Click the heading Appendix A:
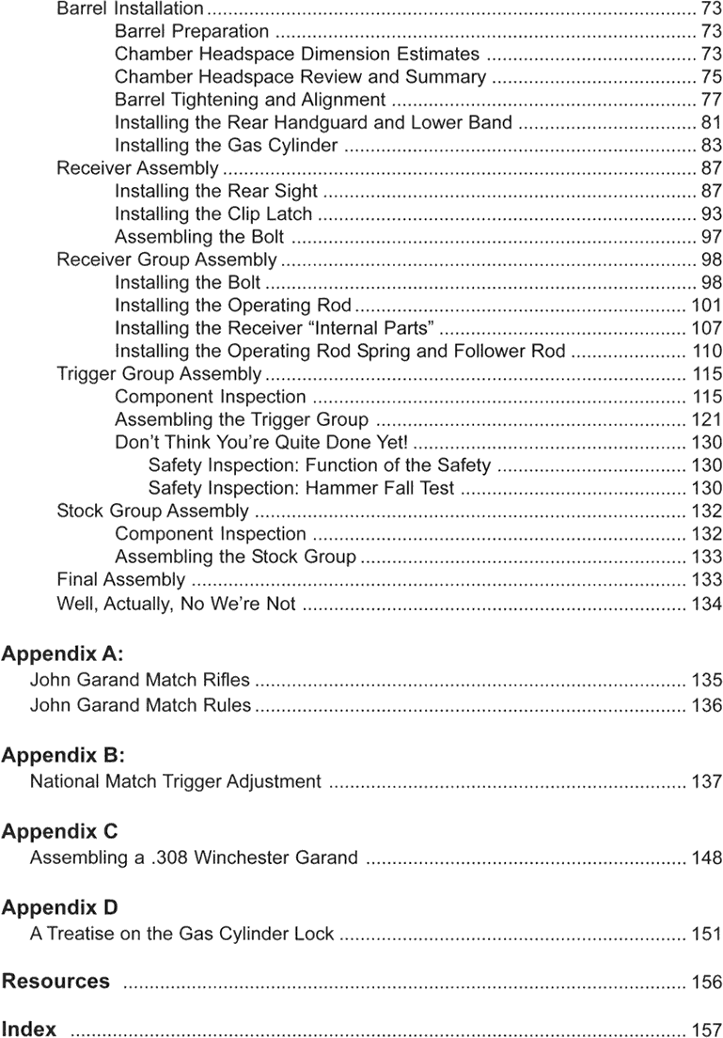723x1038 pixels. (x=62, y=653)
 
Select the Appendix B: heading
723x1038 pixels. (x=62, y=755)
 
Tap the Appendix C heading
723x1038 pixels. (x=60, y=831)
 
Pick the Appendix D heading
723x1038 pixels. (x=60, y=907)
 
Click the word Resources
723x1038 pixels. (x=55, y=982)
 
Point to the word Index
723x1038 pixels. (x=29, y=1030)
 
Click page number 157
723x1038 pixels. (x=706, y=1030)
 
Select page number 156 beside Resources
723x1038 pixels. (x=706, y=983)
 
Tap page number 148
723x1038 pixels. (x=706, y=857)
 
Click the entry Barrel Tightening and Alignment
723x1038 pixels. (x=250, y=100)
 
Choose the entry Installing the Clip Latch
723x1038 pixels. (x=213, y=214)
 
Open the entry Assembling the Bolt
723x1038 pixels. (x=199, y=237)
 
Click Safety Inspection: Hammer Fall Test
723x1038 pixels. (x=301, y=489)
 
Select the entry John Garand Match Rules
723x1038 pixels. (x=140, y=705)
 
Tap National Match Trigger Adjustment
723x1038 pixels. (x=176, y=781)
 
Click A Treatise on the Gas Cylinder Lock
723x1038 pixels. (x=181, y=934)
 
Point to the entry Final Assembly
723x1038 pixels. (x=120, y=580)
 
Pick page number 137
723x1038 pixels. (x=706, y=781)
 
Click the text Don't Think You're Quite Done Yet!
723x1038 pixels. (x=261, y=443)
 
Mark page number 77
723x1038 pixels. (x=711, y=100)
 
